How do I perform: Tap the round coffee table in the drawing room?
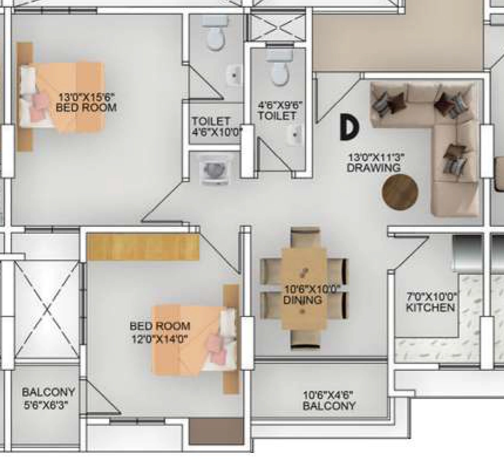[400, 192]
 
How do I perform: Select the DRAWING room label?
[374, 168]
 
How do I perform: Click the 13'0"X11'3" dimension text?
[376, 158]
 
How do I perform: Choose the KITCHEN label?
[430, 308]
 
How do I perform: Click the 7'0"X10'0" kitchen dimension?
[433, 296]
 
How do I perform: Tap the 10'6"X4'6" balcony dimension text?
[328, 395]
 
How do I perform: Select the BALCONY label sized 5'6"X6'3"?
[48, 392]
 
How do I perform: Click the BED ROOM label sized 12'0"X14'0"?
[160, 326]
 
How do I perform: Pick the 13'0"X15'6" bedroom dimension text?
[87, 97]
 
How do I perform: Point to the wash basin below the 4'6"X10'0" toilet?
[215, 170]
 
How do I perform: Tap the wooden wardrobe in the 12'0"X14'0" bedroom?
[144, 247]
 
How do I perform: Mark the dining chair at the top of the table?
[305, 237]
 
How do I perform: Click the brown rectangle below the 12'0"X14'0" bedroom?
[216, 431]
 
